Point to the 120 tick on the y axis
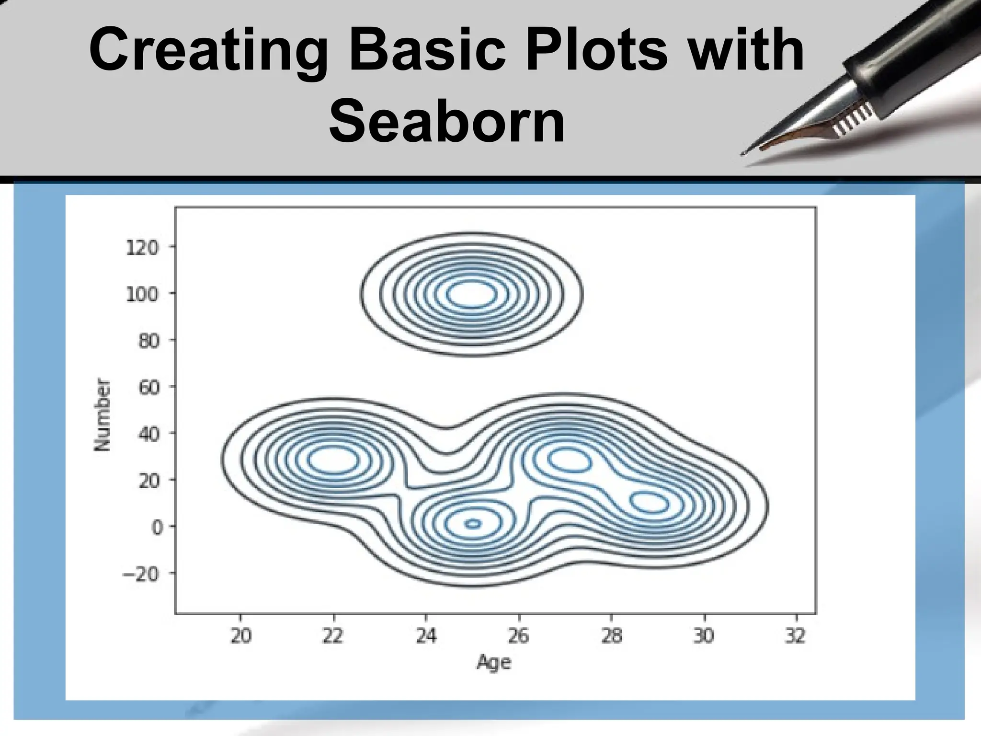coord(142,248)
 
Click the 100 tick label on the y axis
coord(142,294)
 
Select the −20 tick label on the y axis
coord(140,574)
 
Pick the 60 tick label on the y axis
coord(149,387)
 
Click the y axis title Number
coord(102,415)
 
